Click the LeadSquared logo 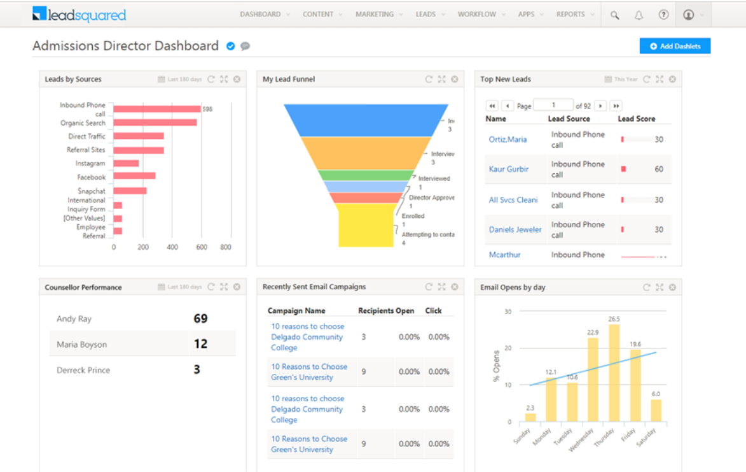(x=79, y=15)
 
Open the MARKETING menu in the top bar (x=375, y=15)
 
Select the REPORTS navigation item (x=570, y=15)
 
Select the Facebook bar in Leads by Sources (x=134, y=176)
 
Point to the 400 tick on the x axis (x=172, y=247)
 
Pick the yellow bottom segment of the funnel (x=366, y=225)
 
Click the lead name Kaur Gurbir (x=508, y=169)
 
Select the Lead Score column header (x=636, y=118)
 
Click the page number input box (x=553, y=105)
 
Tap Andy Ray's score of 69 (x=200, y=318)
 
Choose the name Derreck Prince (x=83, y=370)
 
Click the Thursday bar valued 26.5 (x=614, y=373)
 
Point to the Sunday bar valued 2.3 (x=530, y=417)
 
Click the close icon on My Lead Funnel (x=454, y=80)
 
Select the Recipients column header (x=376, y=311)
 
